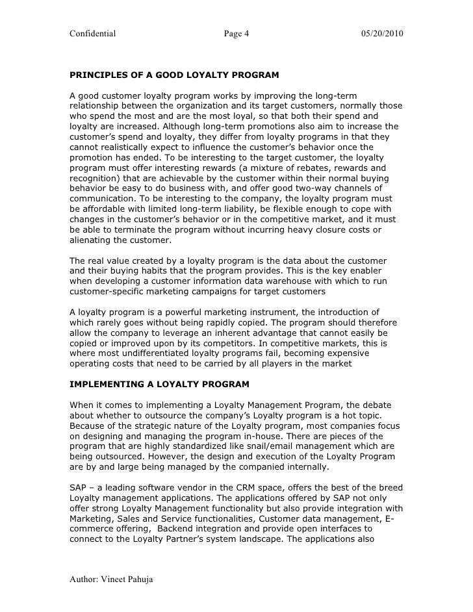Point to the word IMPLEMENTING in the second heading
(x=105, y=385)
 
